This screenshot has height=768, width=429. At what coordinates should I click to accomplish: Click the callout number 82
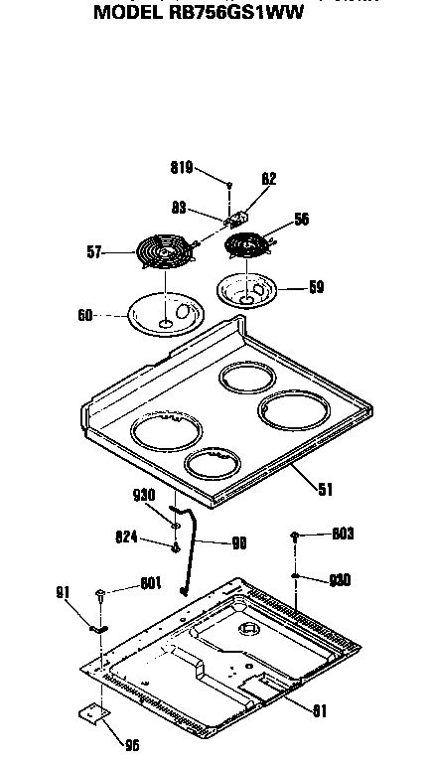[x=269, y=180]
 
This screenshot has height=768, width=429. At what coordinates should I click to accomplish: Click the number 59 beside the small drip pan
[x=316, y=290]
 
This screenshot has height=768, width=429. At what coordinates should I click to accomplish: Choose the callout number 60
[x=84, y=315]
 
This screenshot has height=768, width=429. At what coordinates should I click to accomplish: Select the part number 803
[x=343, y=535]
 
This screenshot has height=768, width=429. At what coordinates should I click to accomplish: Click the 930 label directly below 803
[x=340, y=579]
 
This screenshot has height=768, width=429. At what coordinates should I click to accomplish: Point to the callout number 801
[x=151, y=583]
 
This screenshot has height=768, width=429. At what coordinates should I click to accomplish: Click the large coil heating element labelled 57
[x=164, y=255]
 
